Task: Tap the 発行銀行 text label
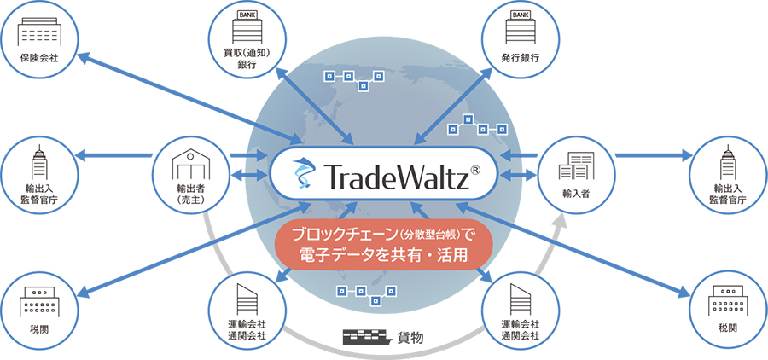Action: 521,58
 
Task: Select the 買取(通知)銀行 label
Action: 247,58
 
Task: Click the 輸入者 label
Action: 576,195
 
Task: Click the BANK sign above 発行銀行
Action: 521,15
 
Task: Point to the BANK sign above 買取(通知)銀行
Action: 247,15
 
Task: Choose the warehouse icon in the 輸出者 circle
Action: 192,164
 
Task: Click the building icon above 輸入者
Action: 576,165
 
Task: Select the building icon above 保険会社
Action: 40,32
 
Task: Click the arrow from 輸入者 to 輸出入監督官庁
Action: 654,156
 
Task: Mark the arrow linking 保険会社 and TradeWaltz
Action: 189,97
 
